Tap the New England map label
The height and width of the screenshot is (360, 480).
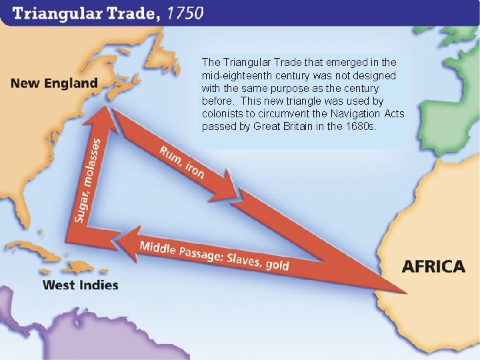[x=54, y=84]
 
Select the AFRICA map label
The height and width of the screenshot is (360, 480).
[x=433, y=266]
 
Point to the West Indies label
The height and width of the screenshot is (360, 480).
[x=80, y=285]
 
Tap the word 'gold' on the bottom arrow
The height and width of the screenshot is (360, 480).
[x=277, y=265]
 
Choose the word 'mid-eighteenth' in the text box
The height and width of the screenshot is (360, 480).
[x=233, y=76]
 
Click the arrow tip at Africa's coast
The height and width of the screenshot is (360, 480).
[x=403, y=291]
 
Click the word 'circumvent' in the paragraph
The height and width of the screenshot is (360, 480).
[x=272, y=114]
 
